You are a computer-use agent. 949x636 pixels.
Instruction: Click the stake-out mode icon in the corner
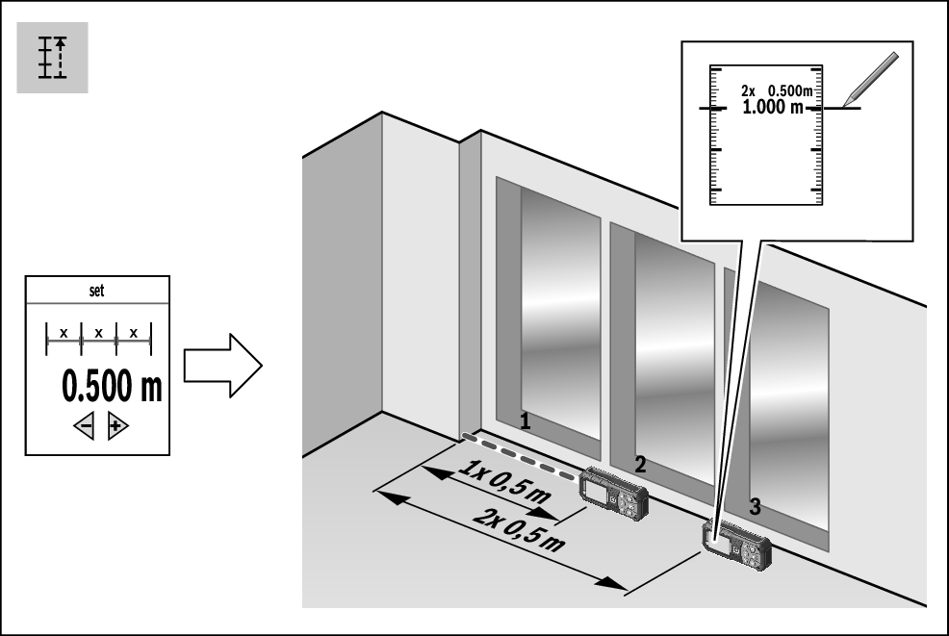(52, 58)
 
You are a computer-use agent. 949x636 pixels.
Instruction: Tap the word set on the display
(96, 292)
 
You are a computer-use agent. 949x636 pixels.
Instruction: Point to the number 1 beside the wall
(525, 420)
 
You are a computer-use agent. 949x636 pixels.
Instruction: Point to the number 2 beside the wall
(639, 463)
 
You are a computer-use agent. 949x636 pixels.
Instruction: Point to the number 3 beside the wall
(756, 507)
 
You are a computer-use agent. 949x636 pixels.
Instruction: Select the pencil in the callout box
(869, 74)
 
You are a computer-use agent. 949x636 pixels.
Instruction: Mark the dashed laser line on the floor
(520, 456)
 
